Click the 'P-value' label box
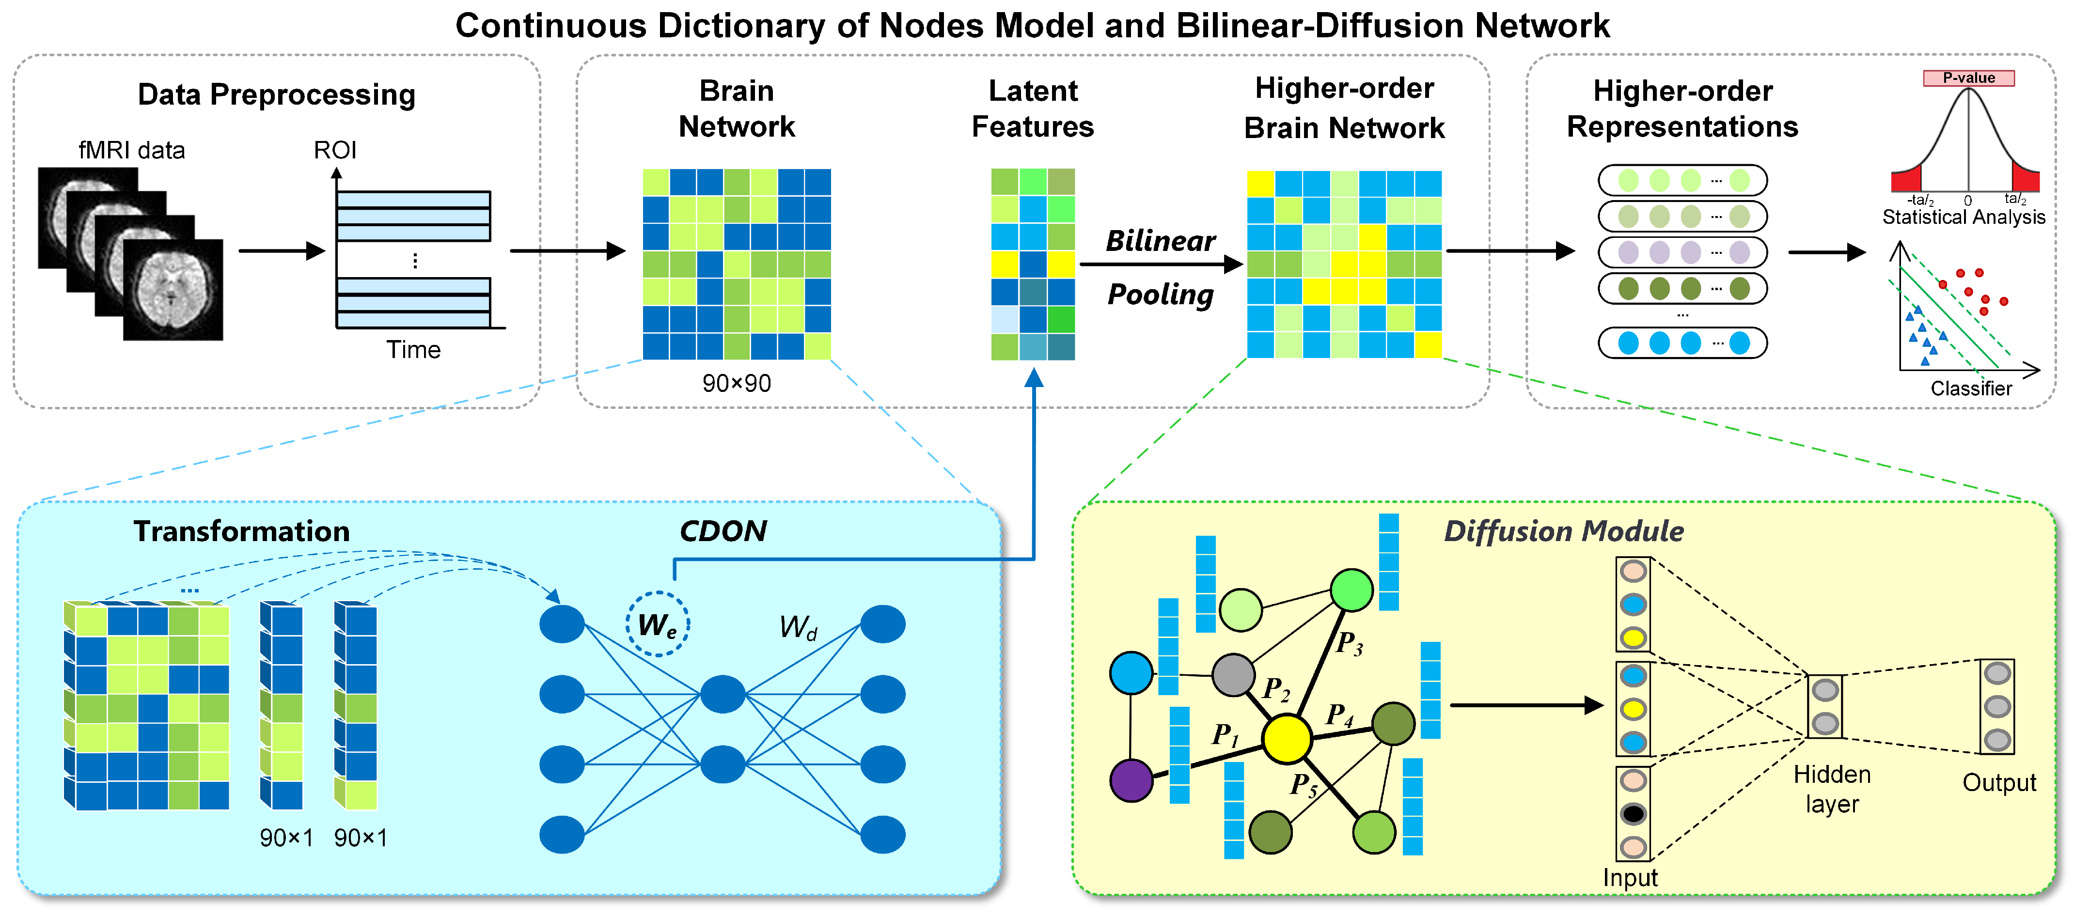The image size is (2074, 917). [1968, 78]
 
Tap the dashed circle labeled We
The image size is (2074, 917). [657, 624]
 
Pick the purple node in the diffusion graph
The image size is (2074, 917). [1131, 779]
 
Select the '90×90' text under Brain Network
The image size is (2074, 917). [736, 383]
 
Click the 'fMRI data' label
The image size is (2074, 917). [131, 151]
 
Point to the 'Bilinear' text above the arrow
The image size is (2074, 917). [1160, 241]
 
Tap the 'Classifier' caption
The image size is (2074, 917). [1970, 389]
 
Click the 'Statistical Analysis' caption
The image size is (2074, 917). [1963, 218]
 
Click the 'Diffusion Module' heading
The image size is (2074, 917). [1563, 531]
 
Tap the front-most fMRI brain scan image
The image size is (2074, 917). [173, 290]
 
